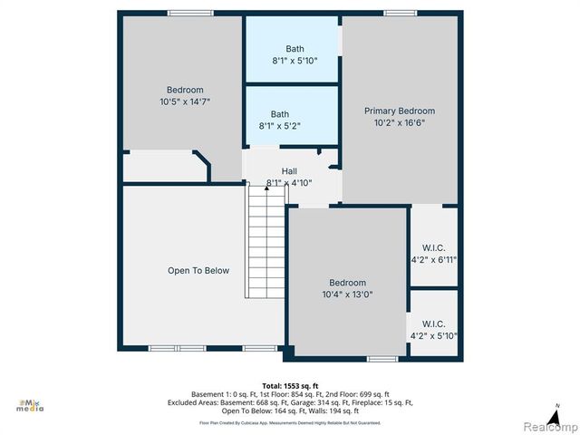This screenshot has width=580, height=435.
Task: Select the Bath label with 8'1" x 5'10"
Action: [x=295, y=49]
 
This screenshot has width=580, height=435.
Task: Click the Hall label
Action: [x=289, y=171]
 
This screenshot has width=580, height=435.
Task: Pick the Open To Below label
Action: [x=198, y=270]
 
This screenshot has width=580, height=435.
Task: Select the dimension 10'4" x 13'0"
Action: [x=347, y=295]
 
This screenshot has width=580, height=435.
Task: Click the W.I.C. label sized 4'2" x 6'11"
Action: [x=434, y=248]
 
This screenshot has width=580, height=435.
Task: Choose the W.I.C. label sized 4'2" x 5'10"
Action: [x=434, y=324]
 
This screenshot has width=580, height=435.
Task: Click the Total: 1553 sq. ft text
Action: [x=289, y=384]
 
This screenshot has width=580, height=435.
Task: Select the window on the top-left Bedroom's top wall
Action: [x=184, y=13]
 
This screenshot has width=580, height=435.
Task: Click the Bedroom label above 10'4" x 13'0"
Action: [x=347, y=283]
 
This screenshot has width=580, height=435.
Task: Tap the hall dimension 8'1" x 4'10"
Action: [x=289, y=183]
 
